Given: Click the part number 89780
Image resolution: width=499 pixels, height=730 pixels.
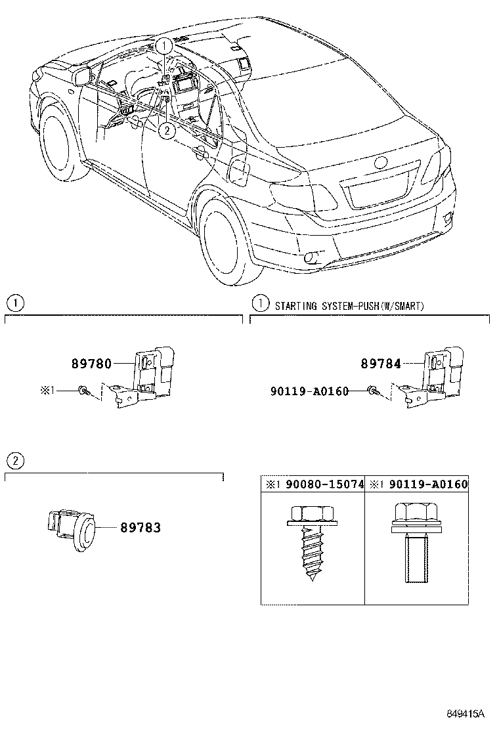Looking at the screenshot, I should pos(91,363).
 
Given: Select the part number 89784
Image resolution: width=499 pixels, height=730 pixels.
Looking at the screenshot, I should pos(380,363).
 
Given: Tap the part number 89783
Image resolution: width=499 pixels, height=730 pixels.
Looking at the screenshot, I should pos(140,527).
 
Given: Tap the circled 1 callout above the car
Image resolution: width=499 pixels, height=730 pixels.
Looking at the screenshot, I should pos(165,45).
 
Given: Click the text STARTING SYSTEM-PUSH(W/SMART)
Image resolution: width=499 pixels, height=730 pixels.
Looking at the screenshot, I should pos(349,306).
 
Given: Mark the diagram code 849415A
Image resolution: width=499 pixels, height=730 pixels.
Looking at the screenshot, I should pos(466,713).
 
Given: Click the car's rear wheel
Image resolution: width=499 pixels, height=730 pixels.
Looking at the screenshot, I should pos(223,236).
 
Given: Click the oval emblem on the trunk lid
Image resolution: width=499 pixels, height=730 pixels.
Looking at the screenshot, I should pos(381,163).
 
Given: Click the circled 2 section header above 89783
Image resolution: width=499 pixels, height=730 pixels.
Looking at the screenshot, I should pos(15,460).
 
